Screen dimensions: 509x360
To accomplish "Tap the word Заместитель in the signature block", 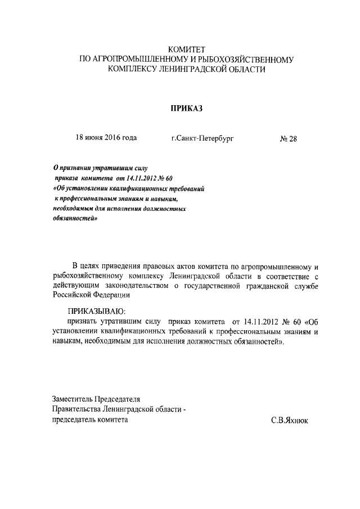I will (72, 400).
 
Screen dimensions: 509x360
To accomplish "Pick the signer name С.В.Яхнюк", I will (290, 420).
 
